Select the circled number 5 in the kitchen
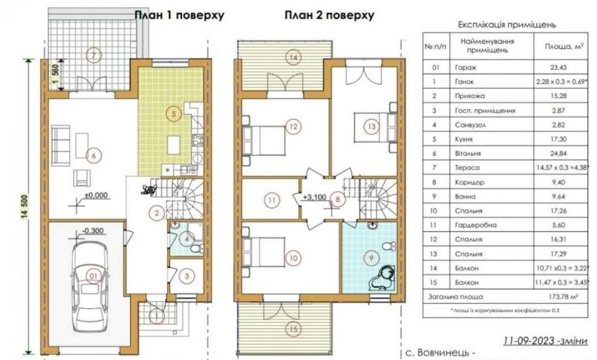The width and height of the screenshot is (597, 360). (174, 113)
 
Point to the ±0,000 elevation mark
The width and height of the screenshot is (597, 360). (96, 196)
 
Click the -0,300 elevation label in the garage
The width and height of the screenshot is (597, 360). (93, 231)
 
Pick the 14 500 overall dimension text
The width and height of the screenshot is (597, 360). (25, 206)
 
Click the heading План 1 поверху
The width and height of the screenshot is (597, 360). (179, 15)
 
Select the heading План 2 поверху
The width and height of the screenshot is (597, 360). (330, 15)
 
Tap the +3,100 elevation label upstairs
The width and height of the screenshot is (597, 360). (315, 197)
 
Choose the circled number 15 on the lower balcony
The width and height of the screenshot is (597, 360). (293, 329)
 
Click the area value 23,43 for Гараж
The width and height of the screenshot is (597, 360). (558, 67)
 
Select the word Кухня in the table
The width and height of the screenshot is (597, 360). (464, 139)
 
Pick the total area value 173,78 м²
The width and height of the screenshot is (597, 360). (562, 297)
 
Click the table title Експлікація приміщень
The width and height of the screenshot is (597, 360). (507, 25)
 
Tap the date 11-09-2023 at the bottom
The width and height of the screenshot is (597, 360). (528, 340)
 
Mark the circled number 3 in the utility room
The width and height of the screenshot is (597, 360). (186, 275)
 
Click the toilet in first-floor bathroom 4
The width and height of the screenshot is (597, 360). (196, 249)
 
